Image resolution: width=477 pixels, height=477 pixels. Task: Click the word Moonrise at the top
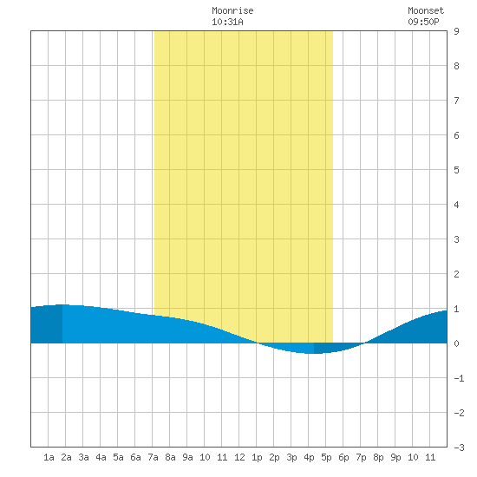[232, 10]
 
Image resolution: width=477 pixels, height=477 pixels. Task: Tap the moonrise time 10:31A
[227, 22]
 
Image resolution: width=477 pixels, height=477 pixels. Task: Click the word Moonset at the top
[426, 10]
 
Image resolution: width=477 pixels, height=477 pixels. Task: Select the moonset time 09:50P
[423, 22]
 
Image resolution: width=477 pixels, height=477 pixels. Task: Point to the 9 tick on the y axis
[456, 31]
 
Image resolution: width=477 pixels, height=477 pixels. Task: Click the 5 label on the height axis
[456, 170]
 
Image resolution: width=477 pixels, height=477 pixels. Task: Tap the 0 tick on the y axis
[456, 343]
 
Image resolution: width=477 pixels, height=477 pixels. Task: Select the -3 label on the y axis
[459, 448]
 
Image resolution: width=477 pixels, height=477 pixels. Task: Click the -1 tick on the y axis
[459, 378]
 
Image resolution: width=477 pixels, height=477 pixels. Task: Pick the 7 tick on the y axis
[456, 101]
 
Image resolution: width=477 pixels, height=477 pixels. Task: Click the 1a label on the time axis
[49, 457]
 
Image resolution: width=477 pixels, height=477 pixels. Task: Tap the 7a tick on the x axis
[153, 457]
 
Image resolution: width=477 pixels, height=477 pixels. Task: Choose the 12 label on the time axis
[239, 457]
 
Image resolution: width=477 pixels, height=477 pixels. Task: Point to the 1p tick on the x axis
[257, 457]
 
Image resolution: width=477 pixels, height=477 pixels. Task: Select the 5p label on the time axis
[326, 457]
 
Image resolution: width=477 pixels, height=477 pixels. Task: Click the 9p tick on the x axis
[395, 457]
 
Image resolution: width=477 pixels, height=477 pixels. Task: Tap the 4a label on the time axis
[101, 457]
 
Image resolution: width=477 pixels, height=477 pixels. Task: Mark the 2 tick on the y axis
[456, 274]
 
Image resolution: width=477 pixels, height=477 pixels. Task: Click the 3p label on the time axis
[291, 457]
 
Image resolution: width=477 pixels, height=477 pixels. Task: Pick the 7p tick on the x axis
[361, 457]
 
